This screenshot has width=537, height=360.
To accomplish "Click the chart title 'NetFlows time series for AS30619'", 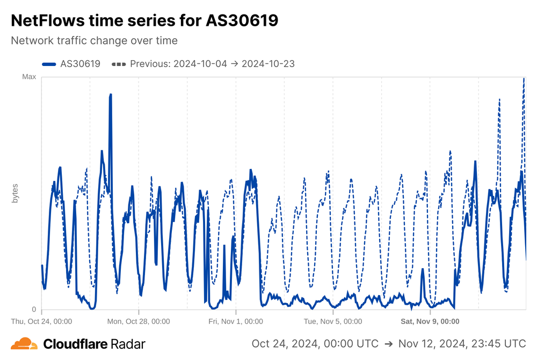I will click(x=144, y=20).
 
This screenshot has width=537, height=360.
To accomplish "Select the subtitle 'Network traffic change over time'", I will click(x=94, y=40).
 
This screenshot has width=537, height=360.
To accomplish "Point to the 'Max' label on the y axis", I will click(x=29, y=77).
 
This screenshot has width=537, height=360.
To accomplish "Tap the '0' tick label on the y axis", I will click(x=34, y=309).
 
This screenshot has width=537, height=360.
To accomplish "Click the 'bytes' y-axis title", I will click(x=15, y=193).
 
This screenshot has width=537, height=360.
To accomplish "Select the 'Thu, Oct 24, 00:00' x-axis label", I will click(x=42, y=321).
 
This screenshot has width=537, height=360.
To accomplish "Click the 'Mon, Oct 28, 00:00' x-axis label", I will click(x=139, y=321).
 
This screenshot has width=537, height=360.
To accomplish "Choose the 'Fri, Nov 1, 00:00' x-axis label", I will click(x=236, y=321).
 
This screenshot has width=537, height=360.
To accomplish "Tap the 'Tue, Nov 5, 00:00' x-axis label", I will click(x=333, y=321).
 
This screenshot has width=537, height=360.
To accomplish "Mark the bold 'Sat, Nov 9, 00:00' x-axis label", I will click(x=431, y=321).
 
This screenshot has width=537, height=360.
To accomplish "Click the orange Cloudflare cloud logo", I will click(x=24, y=344).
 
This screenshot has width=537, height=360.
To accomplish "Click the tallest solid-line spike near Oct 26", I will click(x=111, y=95).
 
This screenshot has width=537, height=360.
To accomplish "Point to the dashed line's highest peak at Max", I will click(x=524, y=78).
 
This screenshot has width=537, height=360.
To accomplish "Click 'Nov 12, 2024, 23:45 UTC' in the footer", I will click(x=461, y=344).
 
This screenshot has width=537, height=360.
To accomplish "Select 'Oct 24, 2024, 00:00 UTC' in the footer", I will click(x=315, y=344).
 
